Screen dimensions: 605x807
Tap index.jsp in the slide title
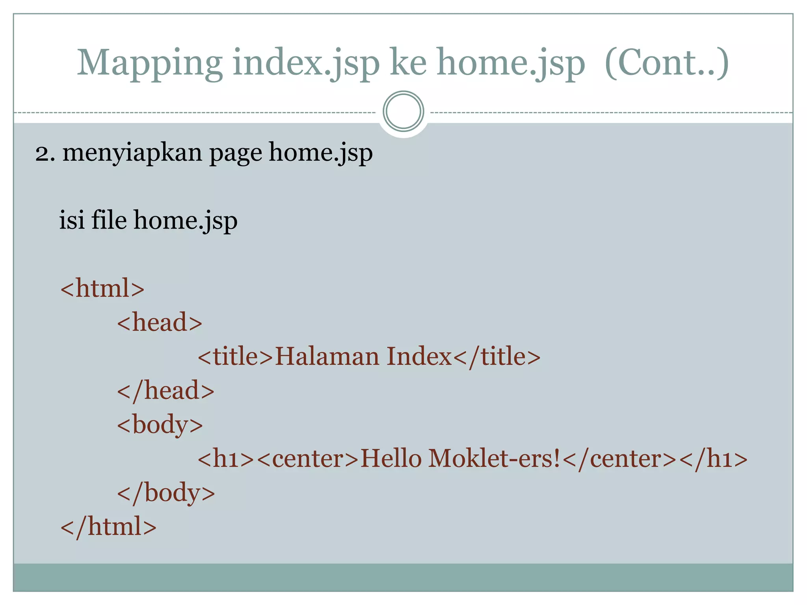[306, 63]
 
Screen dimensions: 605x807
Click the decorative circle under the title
[403, 111]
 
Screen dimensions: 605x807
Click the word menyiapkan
[132, 153]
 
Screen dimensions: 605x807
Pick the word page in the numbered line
[236, 153]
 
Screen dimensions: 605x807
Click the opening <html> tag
[102, 288]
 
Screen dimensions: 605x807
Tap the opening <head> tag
[160, 323]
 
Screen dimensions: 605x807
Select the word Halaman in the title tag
[327, 356]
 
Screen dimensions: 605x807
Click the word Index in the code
[419, 356]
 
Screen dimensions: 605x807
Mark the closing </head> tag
[165, 391]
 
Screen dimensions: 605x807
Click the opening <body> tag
[160, 425]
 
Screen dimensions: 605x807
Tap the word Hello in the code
[391, 459]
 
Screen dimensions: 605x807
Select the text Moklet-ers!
[495, 459]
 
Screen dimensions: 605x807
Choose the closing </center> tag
[620, 459]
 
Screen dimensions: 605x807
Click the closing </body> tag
[166, 493]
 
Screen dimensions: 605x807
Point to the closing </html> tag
[108, 527]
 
